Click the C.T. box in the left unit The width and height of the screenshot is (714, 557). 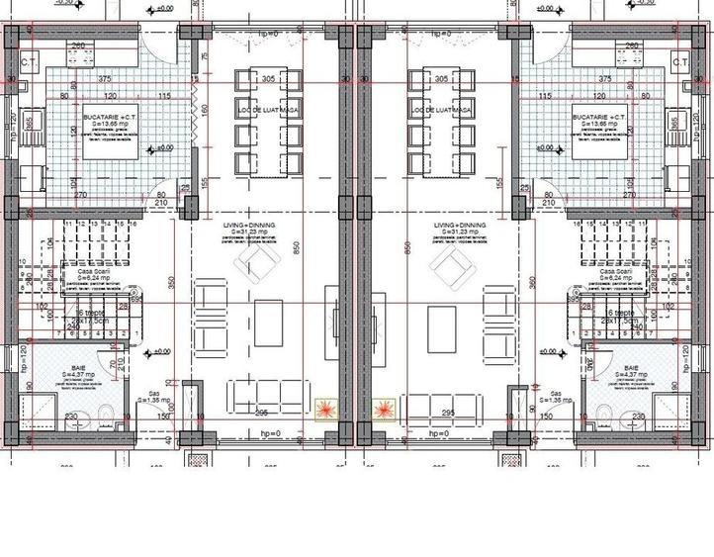pyautogui.click(x=29, y=62)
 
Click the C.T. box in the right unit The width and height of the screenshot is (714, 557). pyautogui.click(x=679, y=62)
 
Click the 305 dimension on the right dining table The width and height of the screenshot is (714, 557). pyautogui.click(x=440, y=78)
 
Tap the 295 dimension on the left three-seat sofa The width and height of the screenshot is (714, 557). pyautogui.click(x=262, y=413)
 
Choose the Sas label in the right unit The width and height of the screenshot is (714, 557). pyautogui.click(x=555, y=393)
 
